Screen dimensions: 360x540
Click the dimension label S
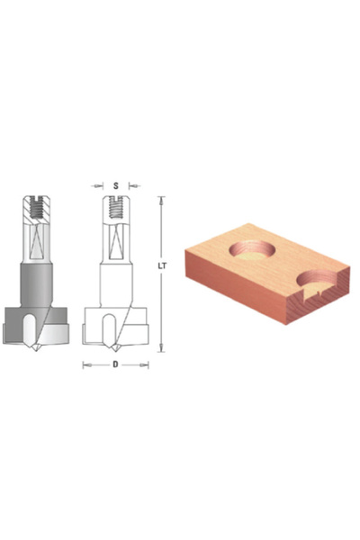pos(116,186)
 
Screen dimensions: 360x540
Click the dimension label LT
pos(162,266)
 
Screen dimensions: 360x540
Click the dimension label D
pos(115,364)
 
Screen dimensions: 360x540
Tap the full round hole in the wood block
pos(253,252)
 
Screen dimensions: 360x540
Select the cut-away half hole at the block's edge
pos(319,281)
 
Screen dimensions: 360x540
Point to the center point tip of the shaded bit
pos(35,349)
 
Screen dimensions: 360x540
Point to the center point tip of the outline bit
pos(114,349)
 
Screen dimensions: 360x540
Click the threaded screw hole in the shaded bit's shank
pos(37,208)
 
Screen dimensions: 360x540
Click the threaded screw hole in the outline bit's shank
pos(116,208)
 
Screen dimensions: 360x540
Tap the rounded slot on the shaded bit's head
pos(29,330)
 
